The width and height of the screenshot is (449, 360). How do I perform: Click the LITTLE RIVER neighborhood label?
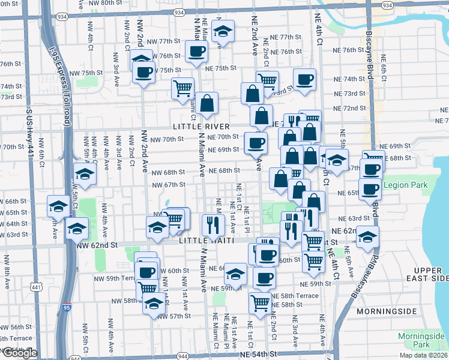[x=200, y=127]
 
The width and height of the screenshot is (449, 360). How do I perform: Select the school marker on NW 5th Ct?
[x=85, y=173]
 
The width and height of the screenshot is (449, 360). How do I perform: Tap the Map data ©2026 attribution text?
[x=424, y=355]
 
